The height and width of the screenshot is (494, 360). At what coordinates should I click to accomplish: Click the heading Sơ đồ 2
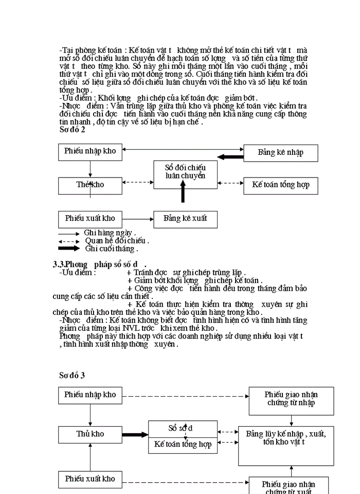[x=72, y=130]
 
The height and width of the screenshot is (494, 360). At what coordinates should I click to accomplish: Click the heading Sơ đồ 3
[x=72, y=375]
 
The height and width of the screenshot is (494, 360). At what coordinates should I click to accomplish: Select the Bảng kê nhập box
[x=280, y=152]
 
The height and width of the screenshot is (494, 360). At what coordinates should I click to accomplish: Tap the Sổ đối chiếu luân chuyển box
[x=185, y=172]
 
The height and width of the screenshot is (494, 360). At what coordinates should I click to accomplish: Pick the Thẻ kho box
[x=90, y=185]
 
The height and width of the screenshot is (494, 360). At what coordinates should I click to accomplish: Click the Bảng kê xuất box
[x=185, y=219]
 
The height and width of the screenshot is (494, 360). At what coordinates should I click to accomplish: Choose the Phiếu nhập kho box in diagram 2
[x=90, y=151]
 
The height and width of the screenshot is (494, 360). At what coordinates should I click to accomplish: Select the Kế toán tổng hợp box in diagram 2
[x=280, y=185]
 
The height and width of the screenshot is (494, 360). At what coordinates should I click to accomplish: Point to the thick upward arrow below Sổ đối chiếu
[x=183, y=194]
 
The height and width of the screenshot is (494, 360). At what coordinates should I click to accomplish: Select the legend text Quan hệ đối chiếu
[x=117, y=240]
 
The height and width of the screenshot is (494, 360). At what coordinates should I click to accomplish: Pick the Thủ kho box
[x=90, y=434]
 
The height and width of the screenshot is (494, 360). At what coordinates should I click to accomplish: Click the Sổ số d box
[x=183, y=429]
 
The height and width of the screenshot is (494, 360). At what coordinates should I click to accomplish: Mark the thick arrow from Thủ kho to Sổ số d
[x=135, y=434]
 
